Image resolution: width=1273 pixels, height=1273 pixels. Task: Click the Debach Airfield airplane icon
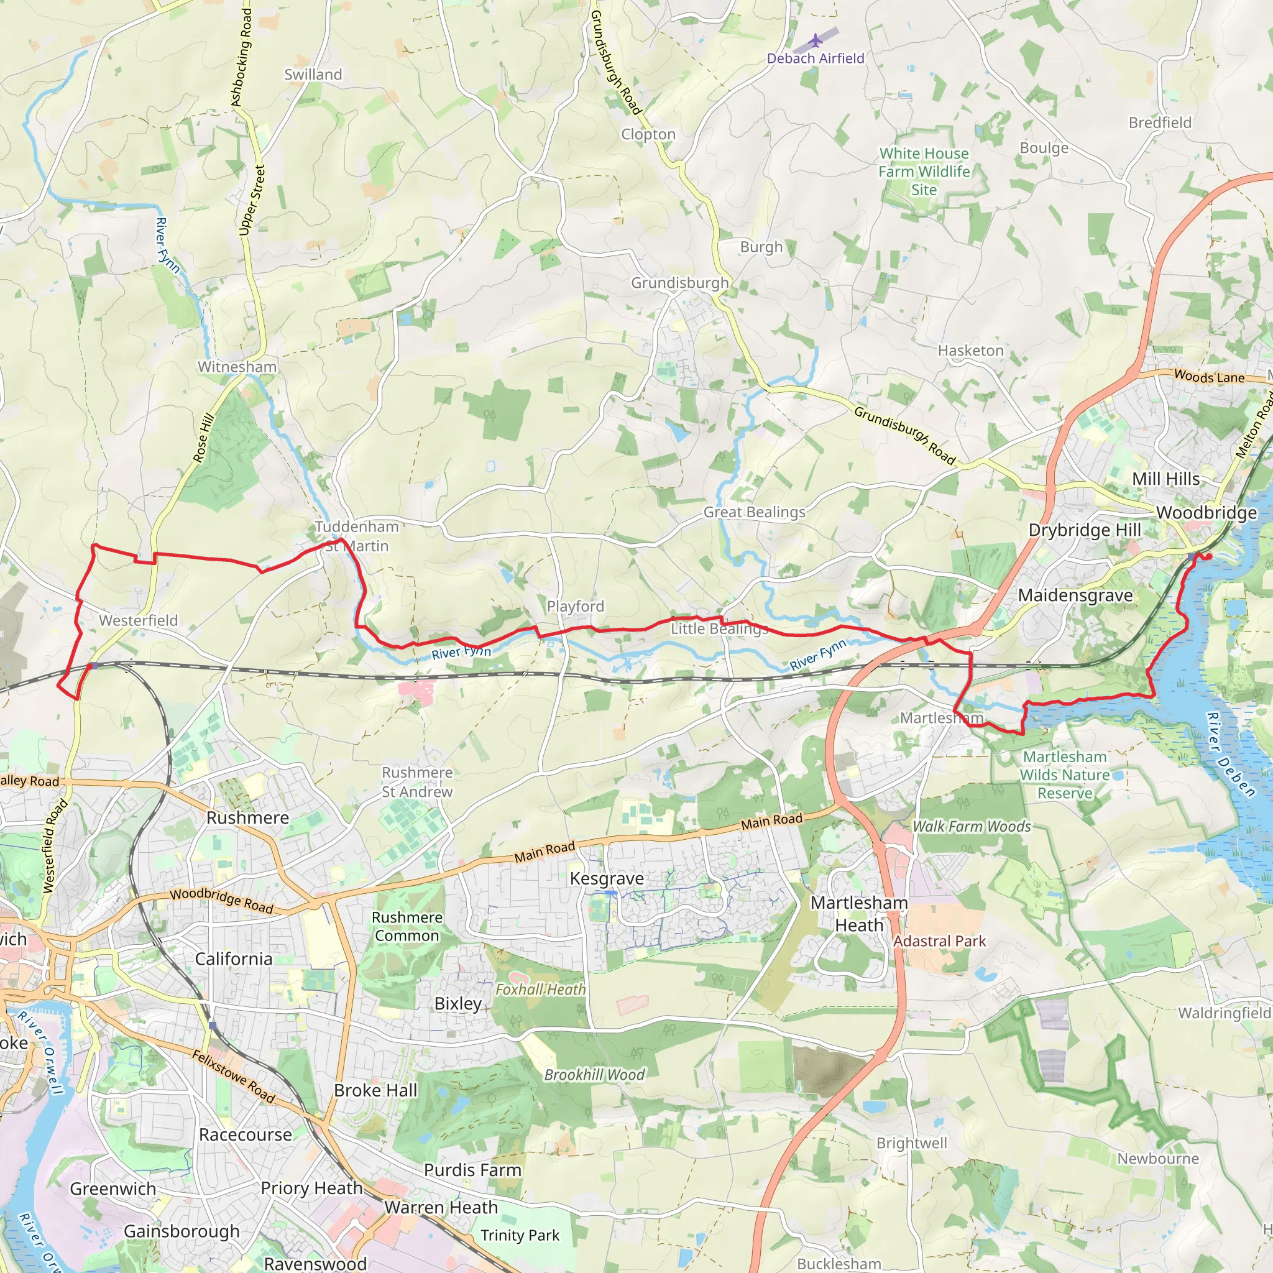click(x=816, y=41)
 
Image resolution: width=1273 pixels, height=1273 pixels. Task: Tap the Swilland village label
click(x=313, y=75)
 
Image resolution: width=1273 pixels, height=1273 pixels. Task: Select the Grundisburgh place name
click(x=680, y=283)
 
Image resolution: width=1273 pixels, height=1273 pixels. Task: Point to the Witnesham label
click(x=237, y=366)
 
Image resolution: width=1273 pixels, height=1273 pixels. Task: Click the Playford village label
click(x=575, y=605)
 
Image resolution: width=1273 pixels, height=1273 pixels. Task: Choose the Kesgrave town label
click(x=607, y=878)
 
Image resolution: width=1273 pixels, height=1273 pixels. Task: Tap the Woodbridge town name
click(x=1206, y=513)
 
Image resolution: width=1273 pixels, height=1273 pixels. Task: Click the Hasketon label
click(x=970, y=351)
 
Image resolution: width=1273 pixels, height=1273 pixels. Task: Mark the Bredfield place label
click(x=1160, y=122)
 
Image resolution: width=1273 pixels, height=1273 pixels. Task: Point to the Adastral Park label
click(x=940, y=941)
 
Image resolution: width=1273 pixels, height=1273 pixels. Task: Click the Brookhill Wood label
click(x=594, y=1075)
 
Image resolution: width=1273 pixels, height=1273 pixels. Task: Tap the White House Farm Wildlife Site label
click(x=924, y=172)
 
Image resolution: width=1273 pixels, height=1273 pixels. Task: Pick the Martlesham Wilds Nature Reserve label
click(x=1065, y=775)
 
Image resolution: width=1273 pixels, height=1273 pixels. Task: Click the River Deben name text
click(x=1231, y=755)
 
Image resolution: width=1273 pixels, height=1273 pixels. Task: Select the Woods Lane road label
click(x=1209, y=377)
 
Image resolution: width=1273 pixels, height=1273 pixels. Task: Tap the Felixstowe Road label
click(x=233, y=1077)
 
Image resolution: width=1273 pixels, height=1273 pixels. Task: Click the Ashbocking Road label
click(x=242, y=58)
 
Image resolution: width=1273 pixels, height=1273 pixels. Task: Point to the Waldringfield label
click(x=1225, y=1013)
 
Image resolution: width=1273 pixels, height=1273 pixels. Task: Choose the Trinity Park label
click(x=520, y=1236)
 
